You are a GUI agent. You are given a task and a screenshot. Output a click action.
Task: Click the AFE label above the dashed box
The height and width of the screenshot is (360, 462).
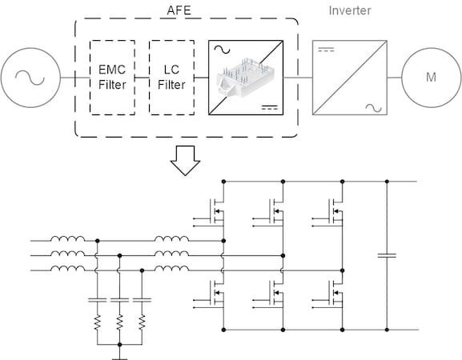tap(179, 10)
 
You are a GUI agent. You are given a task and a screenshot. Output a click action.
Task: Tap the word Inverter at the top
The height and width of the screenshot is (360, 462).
tap(350, 10)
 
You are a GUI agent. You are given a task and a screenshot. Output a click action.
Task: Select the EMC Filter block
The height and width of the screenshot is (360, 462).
tap(112, 78)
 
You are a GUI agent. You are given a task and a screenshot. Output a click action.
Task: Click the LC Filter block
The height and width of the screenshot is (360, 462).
tap(172, 78)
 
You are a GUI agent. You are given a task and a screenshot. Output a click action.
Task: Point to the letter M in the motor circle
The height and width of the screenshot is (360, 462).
tap(431, 77)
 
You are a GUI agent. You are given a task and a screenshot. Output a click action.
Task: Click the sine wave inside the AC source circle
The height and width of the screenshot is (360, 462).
tap(30, 78)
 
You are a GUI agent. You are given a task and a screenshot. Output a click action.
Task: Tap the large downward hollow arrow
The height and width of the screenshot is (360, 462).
tap(185, 161)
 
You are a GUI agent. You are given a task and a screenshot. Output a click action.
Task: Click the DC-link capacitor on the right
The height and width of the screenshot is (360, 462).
tap(387, 255)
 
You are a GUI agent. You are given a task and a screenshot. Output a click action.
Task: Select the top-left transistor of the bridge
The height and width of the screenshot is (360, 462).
tap(217, 211)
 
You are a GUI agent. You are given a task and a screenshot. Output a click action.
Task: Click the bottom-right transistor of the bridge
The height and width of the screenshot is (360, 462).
tap(335, 293)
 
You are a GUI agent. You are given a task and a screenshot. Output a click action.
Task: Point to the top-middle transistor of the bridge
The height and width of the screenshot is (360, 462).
tap(276, 211)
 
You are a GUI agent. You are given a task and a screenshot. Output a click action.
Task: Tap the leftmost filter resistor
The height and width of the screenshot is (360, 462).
tap(97, 322)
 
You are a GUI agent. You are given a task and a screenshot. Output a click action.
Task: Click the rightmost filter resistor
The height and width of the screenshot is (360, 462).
tap(142, 322)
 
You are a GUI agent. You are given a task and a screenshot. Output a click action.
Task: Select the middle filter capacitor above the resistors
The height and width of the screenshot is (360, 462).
tap(119, 300)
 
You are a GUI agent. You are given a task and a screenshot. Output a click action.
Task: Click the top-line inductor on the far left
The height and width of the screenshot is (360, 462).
tap(67, 238)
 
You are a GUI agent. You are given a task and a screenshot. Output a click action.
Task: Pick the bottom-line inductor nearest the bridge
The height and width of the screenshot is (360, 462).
tap(172, 268)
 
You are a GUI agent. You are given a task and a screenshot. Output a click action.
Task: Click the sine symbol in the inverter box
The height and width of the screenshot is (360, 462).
tap(374, 108)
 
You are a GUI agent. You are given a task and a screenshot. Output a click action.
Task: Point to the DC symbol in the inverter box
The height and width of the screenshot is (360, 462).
tap(326, 49)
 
